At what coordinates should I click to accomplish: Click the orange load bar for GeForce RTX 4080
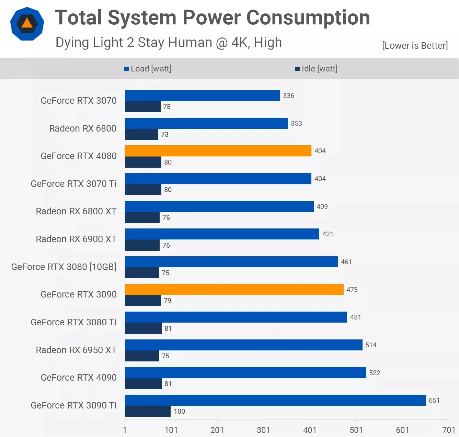218,151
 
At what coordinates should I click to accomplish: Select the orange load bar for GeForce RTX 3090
234,290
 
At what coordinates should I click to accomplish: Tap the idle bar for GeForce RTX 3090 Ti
148,411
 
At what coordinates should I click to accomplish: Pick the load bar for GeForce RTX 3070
203,96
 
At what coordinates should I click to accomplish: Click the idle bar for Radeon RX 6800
141,134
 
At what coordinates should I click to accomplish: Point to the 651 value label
434,400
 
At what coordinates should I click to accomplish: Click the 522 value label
375,373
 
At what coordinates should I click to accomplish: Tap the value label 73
165,134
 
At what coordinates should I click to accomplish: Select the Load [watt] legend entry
148,69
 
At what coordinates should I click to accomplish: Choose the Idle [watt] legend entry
317,69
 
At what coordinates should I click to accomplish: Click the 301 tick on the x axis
263,430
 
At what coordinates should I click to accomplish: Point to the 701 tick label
449,430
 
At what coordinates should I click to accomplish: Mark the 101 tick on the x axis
171,430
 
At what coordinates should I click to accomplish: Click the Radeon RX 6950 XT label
76,350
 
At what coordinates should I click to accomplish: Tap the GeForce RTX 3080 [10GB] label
64,267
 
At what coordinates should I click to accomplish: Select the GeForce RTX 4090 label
79,378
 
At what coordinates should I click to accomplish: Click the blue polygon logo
27,24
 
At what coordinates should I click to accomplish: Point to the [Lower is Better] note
415,46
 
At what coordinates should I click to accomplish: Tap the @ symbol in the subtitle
222,43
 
